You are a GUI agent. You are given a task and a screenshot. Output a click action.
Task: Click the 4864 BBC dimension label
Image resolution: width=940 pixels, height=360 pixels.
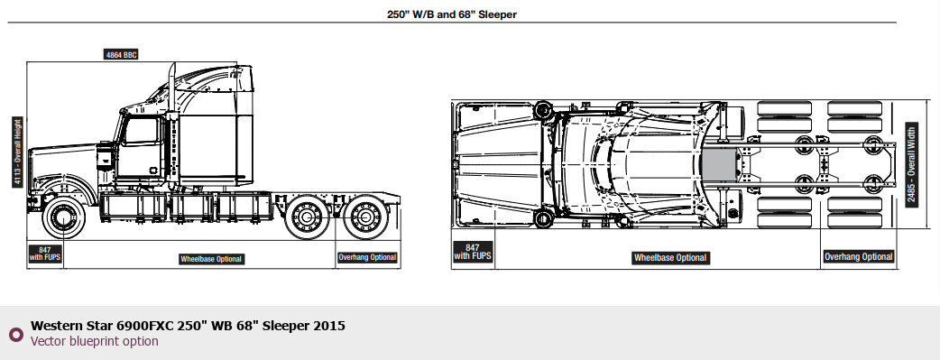point(121,55)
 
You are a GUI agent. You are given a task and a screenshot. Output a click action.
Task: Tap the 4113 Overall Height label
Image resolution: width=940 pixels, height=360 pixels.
point(17,152)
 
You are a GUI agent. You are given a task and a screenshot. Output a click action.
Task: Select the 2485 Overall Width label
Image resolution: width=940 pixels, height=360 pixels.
point(911,165)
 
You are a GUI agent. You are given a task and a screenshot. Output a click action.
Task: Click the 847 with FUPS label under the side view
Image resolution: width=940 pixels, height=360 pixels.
point(45,254)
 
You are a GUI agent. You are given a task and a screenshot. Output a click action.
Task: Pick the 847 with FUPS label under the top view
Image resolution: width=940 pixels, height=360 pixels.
point(473,252)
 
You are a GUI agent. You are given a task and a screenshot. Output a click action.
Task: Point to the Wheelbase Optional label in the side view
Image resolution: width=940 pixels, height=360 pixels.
point(212,259)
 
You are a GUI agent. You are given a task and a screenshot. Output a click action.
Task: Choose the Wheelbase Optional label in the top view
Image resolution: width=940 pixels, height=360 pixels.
point(671,257)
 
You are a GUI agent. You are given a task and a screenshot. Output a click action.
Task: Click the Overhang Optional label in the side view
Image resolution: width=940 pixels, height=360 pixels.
point(367,257)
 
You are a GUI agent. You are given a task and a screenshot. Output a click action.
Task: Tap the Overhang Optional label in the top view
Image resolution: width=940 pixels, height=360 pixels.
point(859,257)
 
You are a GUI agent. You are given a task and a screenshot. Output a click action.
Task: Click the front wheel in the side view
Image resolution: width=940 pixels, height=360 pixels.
point(63,217)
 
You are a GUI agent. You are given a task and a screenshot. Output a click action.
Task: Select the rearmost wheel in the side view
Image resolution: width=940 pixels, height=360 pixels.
point(365,217)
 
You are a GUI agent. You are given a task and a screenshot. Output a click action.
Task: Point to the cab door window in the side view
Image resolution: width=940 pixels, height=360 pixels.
point(141,132)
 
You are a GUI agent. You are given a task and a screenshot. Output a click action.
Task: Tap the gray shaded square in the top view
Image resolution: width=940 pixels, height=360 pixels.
point(720,164)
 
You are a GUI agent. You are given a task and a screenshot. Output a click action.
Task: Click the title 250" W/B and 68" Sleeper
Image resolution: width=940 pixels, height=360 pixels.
point(451,14)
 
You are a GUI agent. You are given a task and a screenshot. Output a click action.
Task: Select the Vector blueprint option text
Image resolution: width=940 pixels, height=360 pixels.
point(95,341)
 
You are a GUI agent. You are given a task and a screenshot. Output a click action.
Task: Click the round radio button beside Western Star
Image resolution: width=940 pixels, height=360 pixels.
point(15,334)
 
